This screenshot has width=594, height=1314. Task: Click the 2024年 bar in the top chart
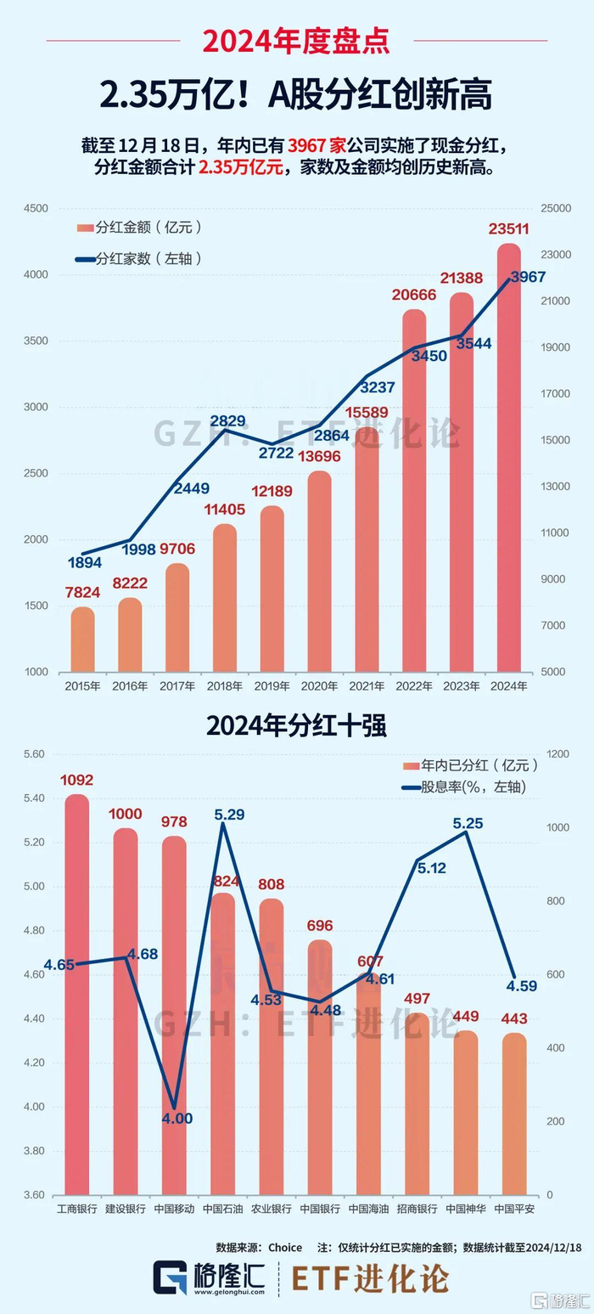pos(509,459)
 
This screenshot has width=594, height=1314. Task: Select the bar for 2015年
pos(82,639)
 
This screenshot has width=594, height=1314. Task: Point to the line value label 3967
pos(528,277)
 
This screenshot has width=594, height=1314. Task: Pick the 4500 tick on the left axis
pos(36,209)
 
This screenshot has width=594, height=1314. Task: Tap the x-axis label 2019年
pos(272,686)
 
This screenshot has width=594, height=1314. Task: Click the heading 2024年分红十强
pos(296,726)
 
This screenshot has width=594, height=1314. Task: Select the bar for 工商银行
pos(76,994)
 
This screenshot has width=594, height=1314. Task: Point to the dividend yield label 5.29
pos(229,815)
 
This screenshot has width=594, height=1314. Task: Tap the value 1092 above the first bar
pos(77,780)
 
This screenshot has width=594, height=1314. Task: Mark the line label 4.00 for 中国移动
pos(177,1119)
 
